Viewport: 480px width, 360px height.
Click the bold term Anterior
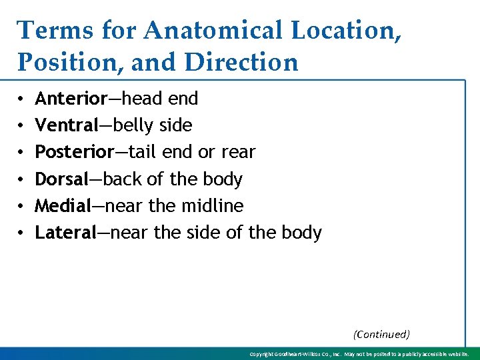71,99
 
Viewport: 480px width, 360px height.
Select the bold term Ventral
67,125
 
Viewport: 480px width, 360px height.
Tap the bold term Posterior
74,152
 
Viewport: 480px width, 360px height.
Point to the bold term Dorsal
61,179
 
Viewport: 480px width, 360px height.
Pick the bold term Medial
63,206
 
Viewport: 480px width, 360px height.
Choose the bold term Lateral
66,233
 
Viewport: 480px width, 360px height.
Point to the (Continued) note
381,334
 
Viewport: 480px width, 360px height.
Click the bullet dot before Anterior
22,99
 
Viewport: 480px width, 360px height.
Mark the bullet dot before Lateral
22,233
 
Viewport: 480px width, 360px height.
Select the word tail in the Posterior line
141,152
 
